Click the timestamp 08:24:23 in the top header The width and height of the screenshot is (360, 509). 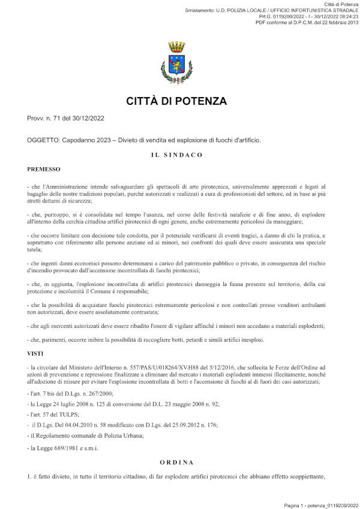[346, 17]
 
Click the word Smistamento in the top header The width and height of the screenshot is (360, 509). [200, 11]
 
